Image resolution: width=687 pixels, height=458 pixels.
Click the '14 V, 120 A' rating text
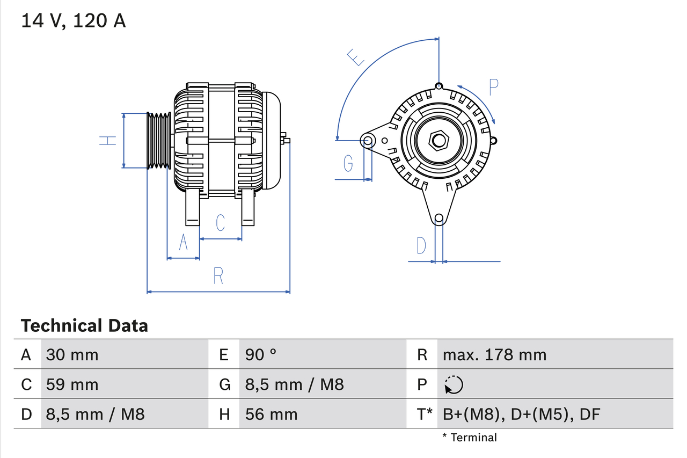click(x=74, y=21)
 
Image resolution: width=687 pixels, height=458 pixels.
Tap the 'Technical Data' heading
click(x=84, y=325)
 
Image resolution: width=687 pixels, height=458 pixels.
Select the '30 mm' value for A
click(x=72, y=354)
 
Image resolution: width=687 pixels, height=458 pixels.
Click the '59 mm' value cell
click(x=72, y=384)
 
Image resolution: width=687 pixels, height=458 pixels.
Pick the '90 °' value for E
click(x=261, y=354)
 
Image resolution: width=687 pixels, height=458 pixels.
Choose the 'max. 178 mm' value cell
click(x=494, y=354)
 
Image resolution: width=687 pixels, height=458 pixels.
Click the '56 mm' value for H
click(x=271, y=414)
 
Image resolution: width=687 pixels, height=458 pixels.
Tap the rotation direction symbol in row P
click(x=454, y=384)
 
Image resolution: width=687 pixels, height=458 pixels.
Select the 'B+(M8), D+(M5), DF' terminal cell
click(x=521, y=414)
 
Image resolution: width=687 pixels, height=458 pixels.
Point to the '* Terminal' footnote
click(x=470, y=438)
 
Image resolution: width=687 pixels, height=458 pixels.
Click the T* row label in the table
click(x=425, y=414)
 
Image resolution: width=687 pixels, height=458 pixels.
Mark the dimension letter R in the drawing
click(x=218, y=275)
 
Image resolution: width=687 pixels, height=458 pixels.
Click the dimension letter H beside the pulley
click(x=108, y=141)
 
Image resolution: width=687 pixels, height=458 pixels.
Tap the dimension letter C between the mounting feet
click(x=220, y=222)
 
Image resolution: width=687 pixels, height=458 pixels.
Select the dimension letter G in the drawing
click(x=348, y=163)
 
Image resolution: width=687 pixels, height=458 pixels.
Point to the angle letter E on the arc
click(x=355, y=57)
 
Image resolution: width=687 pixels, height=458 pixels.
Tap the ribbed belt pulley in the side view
click(x=159, y=141)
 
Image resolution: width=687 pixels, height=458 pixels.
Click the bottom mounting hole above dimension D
click(x=439, y=218)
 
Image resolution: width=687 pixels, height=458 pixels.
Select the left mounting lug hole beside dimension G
click(x=368, y=141)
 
